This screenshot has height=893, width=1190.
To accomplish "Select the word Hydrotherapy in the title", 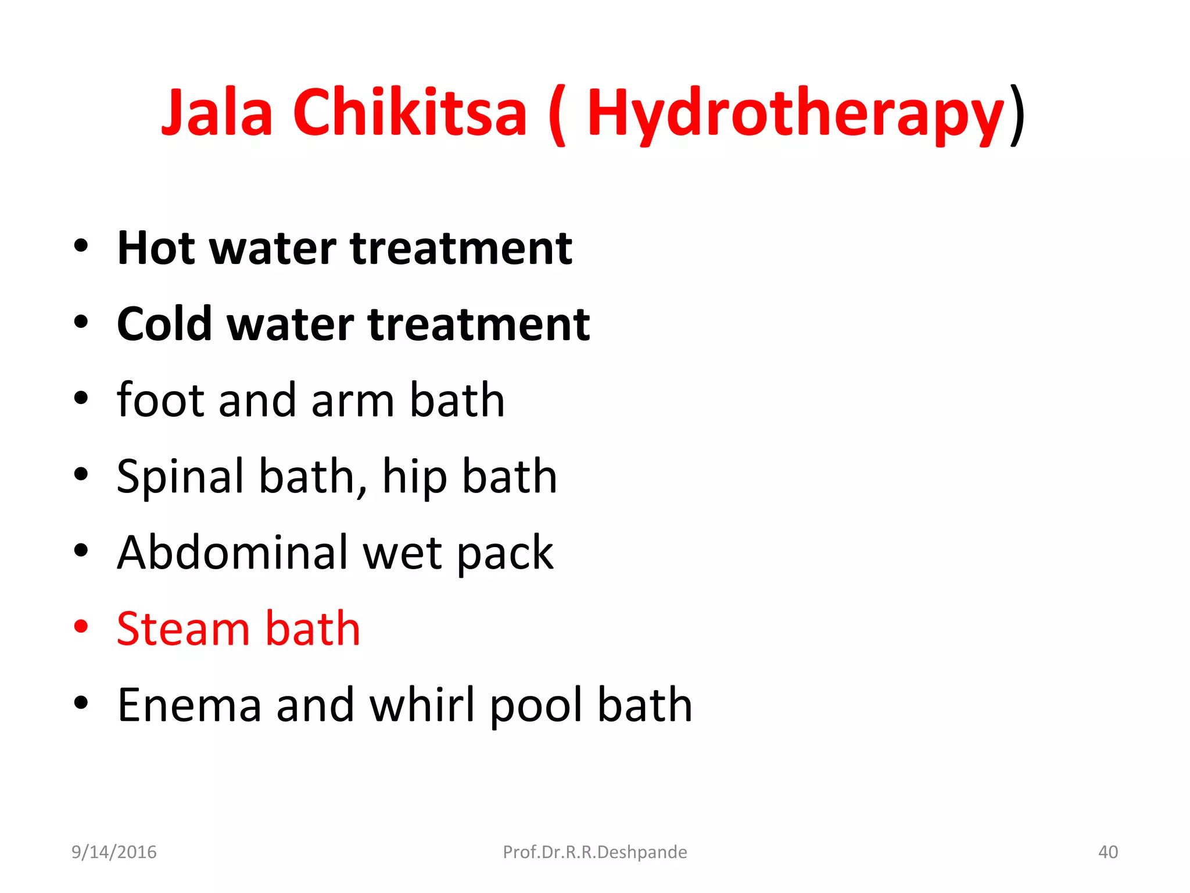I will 795,113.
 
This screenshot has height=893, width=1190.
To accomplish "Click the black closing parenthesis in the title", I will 1017,115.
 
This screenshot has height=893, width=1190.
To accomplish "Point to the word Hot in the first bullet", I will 156,248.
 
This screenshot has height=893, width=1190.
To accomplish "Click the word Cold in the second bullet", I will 164,324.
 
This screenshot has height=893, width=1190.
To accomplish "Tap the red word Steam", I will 182,629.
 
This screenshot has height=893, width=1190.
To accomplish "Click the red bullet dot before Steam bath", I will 81,627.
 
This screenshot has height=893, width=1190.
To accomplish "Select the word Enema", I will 189,705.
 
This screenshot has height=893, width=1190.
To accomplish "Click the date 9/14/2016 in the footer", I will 114,852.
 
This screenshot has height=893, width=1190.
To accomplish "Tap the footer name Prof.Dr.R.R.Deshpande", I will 594,852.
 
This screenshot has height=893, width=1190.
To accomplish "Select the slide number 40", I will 1107,852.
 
